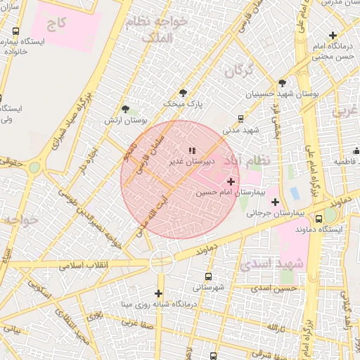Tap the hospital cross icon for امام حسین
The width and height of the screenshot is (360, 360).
pyautogui.click(x=231, y=182)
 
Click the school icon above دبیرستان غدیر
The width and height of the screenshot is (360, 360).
pyautogui.click(x=192, y=150)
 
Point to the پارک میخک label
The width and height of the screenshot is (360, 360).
pyautogui.click(x=184, y=103)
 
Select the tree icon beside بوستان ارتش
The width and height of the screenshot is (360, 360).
pyautogui.click(x=126, y=109)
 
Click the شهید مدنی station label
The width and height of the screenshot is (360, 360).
pyautogui.click(x=241, y=130)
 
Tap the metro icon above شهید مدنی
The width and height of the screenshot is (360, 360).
pyautogui.click(x=241, y=119)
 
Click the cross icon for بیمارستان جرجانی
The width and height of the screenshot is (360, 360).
pyautogui.click(x=275, y=201)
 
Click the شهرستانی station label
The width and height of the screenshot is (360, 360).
pyautogui.click(x=208, y=288)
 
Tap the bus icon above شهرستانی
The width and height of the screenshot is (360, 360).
pyautogui.click(x=208, y=276)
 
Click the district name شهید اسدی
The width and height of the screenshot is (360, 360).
pyautogui.click(x=271, y=264)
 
